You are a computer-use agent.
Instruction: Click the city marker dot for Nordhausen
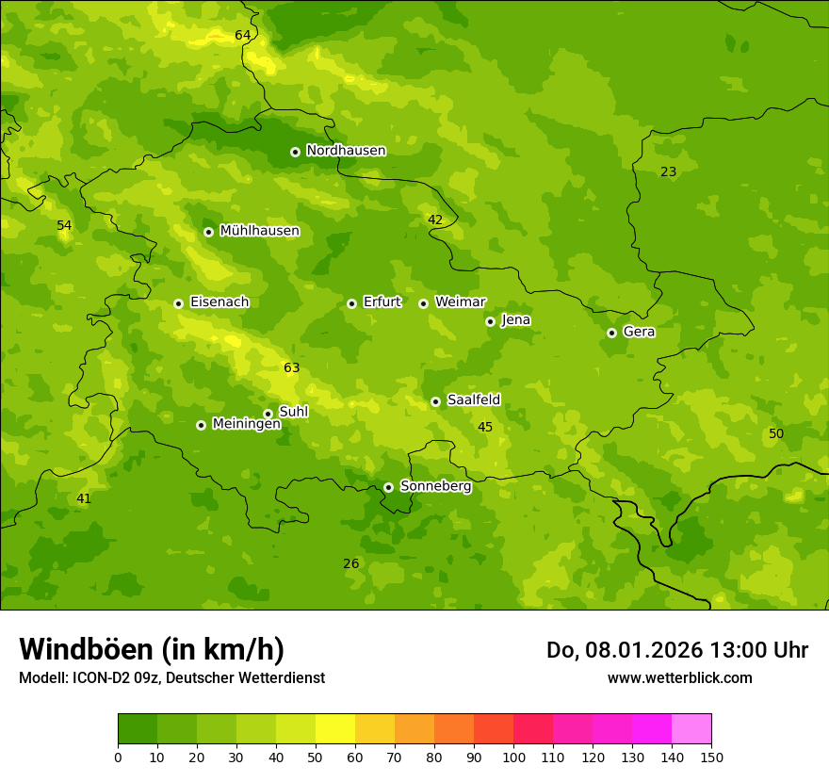pyautogui.click(x=295, y=152)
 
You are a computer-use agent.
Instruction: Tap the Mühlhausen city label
pyautogui.click(x=259, y=231)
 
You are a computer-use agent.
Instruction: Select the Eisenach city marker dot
pyautogui.click(x=178, y=303)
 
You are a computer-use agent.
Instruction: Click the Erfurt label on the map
pyautogui.click(x=382, y=302)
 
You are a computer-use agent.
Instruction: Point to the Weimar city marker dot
pyautogui.click(x=423, y=303)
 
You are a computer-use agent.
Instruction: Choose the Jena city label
pyautogui.click(x=515, y=320)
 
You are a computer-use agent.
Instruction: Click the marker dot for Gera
pyautogui.click(x=611, y=333)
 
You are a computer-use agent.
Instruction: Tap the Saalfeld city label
pyautogui.click(x=473, y=400)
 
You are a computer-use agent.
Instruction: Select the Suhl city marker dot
pyautogui.click(x=268, y=414)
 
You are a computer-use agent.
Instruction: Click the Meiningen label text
pyautogui.click(x=246, y=424)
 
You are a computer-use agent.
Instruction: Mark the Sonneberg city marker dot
pyautogui.click(x=388, y=487)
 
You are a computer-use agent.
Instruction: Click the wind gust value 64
pyautogui.click(x=243, y=36)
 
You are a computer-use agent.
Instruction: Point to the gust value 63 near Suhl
pyautogui.click(x=292, y=368)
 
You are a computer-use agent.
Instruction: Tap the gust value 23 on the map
pyautogui.click(x=668, y=172)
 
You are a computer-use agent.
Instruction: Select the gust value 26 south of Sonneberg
pyautogui.click(x=350, y=564)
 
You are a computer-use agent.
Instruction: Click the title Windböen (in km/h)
pyautogui.click(x=152, y=649)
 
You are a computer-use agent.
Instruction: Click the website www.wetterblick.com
pyautogui.click(x=679, y=678)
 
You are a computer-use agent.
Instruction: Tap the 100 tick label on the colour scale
pyautogui.click(x=513, y=757)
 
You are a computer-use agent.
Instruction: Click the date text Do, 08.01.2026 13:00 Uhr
pyautogui.click(x=676, y=650)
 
